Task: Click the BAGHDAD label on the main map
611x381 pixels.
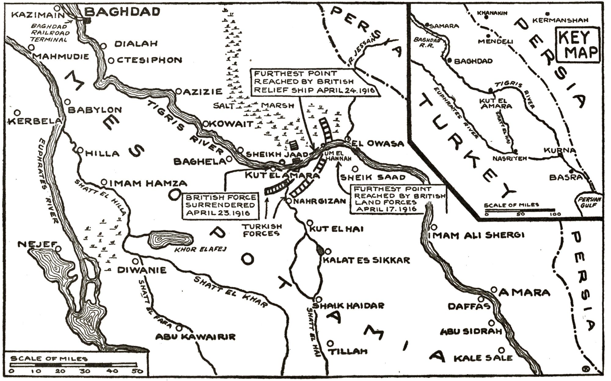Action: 122,12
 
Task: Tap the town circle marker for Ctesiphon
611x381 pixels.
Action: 112,61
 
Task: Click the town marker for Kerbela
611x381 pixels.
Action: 18,112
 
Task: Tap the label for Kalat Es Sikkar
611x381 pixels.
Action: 366,260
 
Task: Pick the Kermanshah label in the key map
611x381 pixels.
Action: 560,20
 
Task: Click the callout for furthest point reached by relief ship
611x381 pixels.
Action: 315,82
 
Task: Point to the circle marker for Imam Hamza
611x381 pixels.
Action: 104,182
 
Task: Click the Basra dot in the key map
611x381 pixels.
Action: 571,172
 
